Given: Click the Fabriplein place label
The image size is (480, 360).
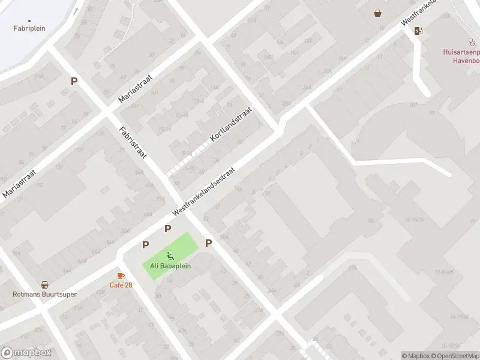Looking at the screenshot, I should click(29, 28).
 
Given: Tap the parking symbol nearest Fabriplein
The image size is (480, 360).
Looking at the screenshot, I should click(74, 82).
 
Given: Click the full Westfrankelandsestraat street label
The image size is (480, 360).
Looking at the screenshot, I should click(203, 191).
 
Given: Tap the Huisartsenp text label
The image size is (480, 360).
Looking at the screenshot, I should click(461, 52).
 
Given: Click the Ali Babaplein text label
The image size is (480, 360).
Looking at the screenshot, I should click(170, 266).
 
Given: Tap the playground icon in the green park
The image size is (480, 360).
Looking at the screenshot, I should click(170, 256).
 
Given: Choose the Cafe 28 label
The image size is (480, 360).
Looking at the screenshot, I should click(121, 284).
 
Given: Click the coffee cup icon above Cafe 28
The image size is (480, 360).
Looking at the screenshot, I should click(121, 275).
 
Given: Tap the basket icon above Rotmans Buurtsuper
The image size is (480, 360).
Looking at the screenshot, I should click(45, 285).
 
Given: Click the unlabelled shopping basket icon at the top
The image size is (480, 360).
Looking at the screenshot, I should click(377, 13).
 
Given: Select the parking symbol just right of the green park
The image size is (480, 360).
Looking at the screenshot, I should click(209, 243).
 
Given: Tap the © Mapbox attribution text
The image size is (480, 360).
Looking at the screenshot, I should click(416, 356).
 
